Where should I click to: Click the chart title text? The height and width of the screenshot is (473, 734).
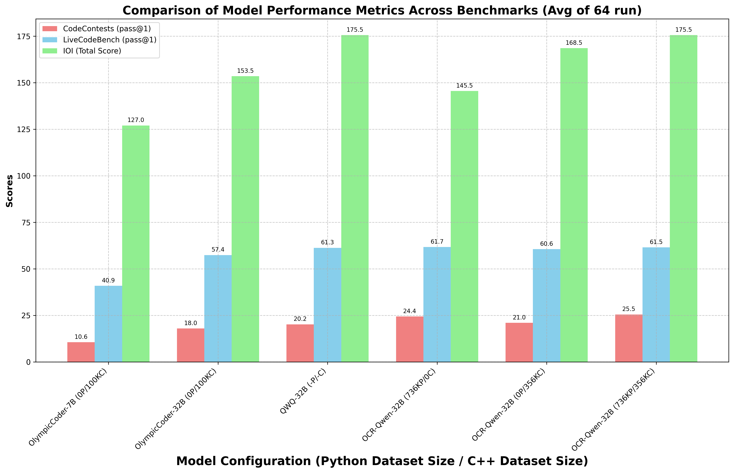(382, 10)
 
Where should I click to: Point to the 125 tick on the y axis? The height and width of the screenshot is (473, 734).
(26, 129)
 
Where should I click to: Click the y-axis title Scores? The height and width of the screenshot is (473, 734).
(10, 191)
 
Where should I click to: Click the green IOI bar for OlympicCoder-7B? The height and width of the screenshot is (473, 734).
(136, 244)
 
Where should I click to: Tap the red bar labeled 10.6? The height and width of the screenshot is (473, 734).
(81, 352)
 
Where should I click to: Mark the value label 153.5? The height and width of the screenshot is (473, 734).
(245, 71)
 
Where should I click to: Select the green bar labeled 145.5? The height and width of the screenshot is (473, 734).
(464, 226)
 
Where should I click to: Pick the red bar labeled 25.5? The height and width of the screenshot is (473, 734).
(629, 338)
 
